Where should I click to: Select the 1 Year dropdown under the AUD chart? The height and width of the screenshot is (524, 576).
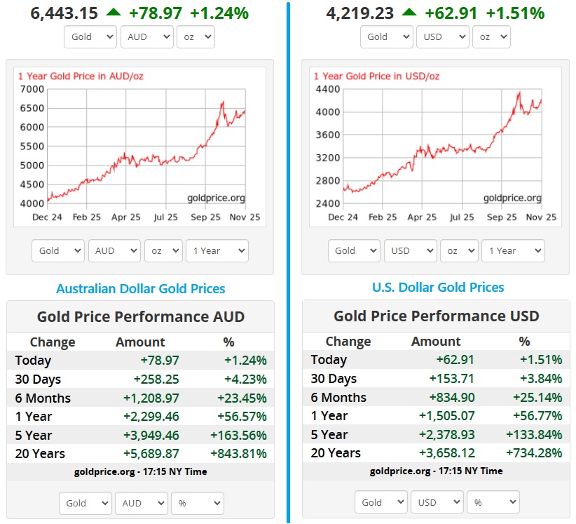pyautogui.click(x=217, y=250)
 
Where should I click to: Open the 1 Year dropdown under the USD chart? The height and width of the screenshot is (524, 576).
pyautogui.click(x=513, y=250)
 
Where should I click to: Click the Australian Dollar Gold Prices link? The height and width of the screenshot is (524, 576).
pyautogui.click(x=141, y=288)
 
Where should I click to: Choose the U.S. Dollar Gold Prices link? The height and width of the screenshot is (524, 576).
pyautogui.click(x=437, y=287)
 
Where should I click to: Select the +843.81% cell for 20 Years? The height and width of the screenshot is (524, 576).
pyautogui.click(x=238, y=453)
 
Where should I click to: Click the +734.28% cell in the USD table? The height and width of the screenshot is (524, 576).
pyautogui.click(x=534, y=452)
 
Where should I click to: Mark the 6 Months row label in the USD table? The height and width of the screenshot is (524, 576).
pyautogui.click(x=338, y=398)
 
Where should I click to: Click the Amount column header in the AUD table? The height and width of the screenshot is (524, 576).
pyautogui.click(x=140, y=342)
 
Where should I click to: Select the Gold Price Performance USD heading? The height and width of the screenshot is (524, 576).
pyautogui.click(x=436, y=316)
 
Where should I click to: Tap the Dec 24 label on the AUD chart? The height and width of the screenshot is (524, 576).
pyautogui.click(x=47, y=217)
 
